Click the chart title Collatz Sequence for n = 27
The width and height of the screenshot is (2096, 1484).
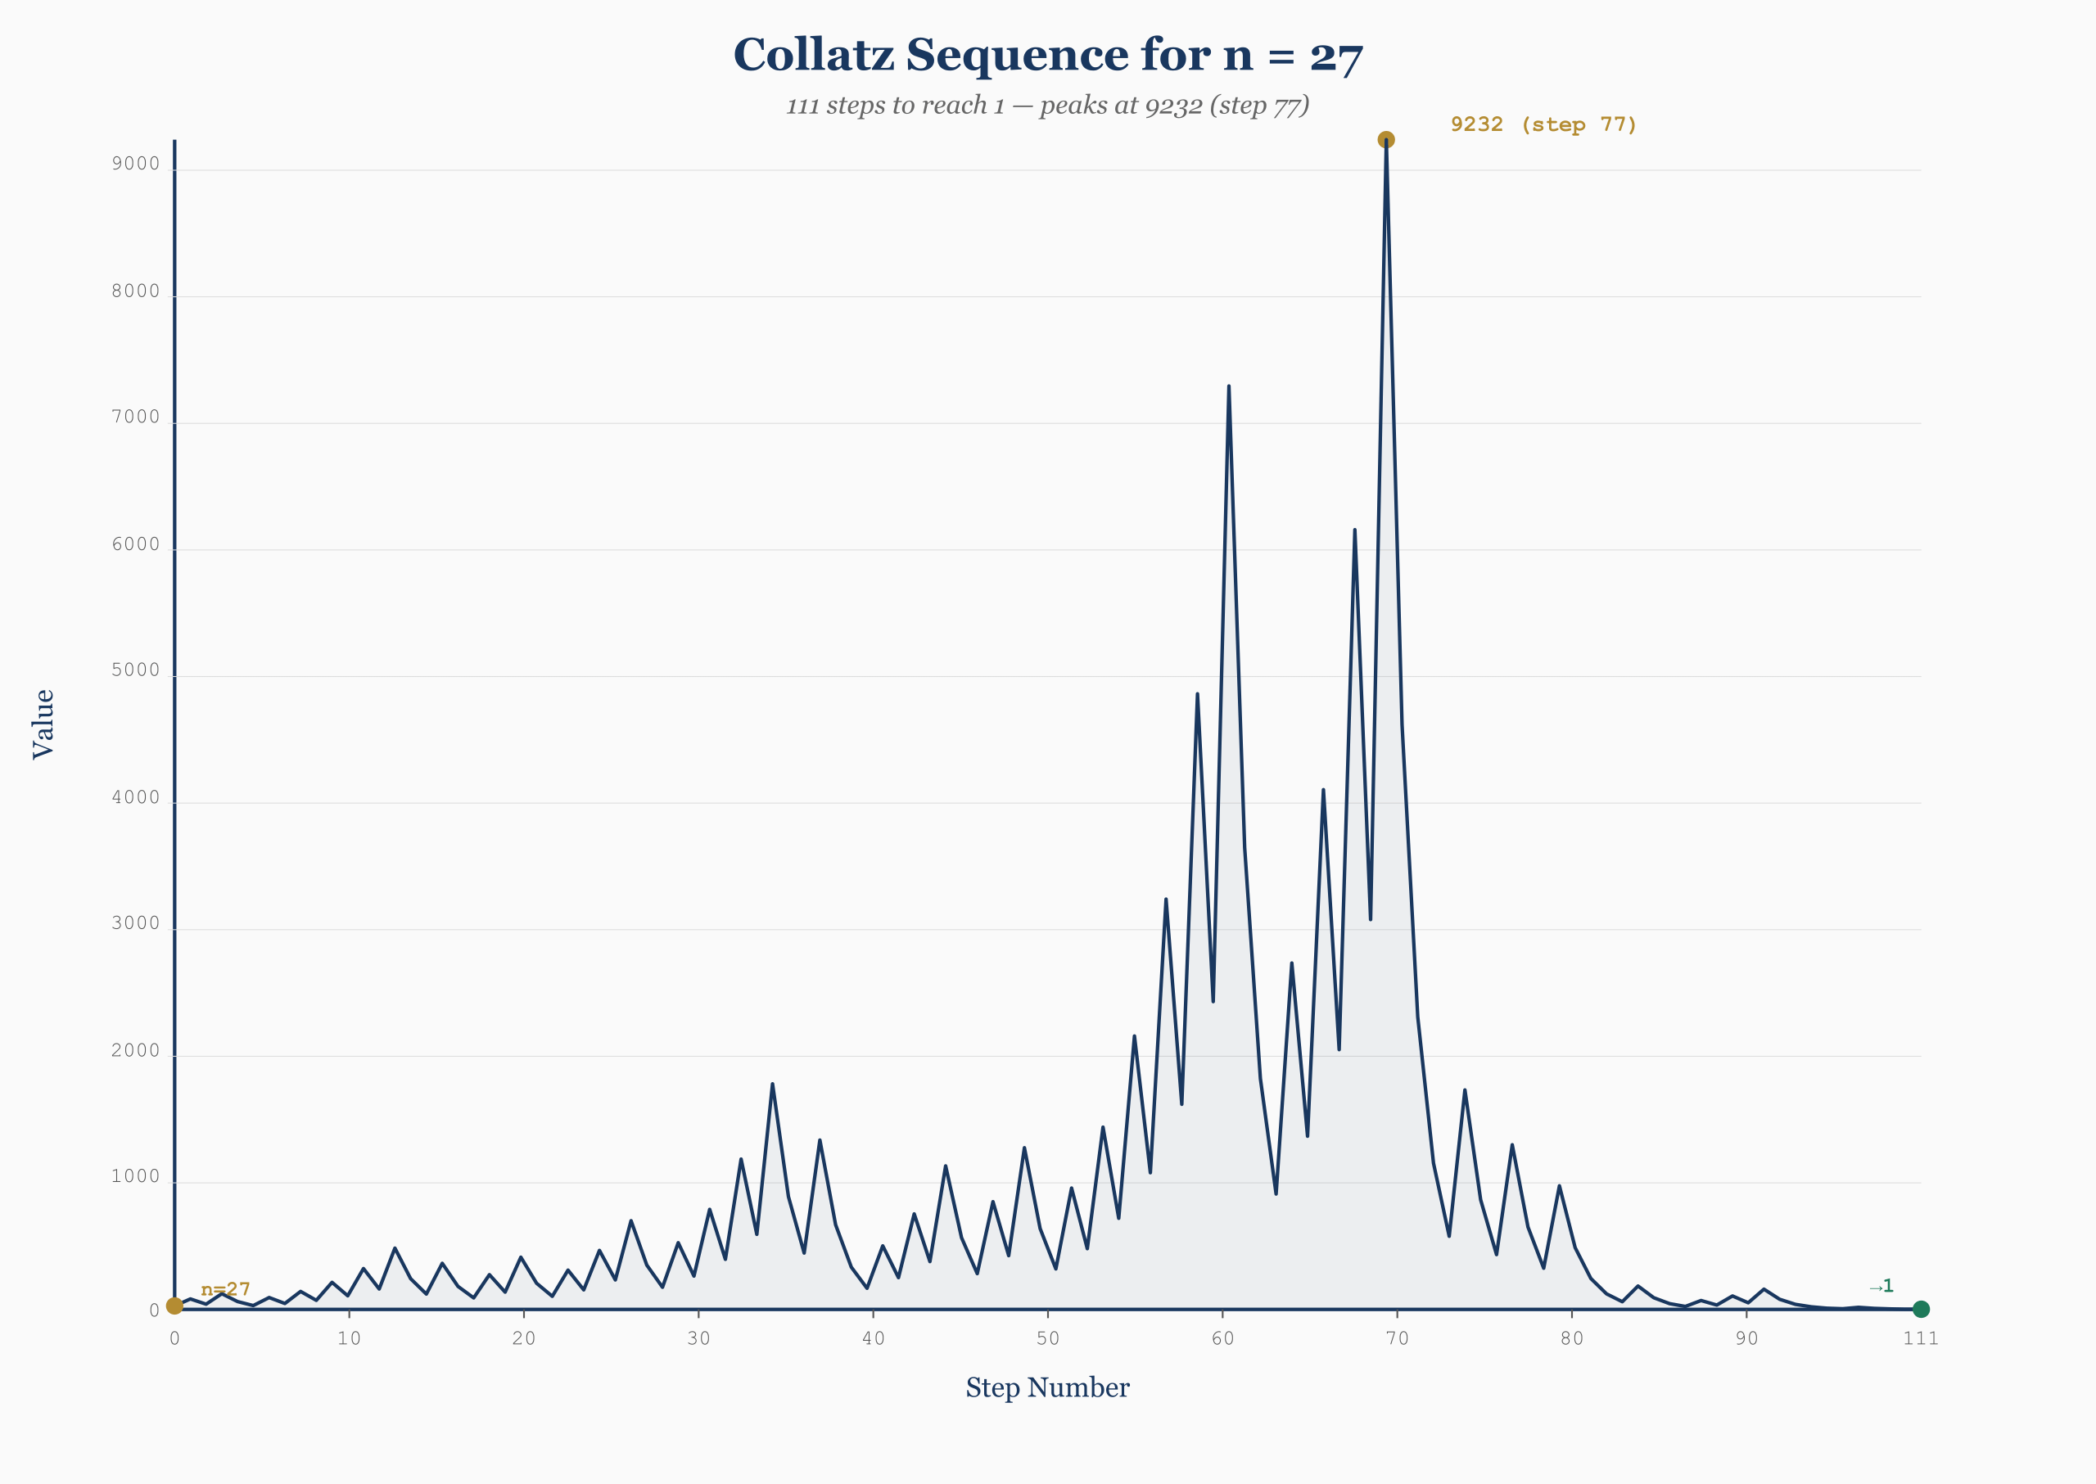pyautogui.click(x=1047, y=55)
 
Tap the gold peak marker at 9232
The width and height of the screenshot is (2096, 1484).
pyautogui.click(x=1386, y=140)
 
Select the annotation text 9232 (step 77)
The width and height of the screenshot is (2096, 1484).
pyautogui.click(x=1543, y=124)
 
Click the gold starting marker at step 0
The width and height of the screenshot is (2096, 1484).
pyautogui.click(x=174, y=1306)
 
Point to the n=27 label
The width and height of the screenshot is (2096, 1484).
pyautogui.click(x=225, y=1289)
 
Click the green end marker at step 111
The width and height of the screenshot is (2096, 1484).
pyautogui.click(x=1921, y=1309)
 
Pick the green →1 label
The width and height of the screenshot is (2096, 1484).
pyautogui.click(x=1881, y=1287)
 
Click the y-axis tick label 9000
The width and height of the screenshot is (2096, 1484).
pyautogui.click(x=135, y=165)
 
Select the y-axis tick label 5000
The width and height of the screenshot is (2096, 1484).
pyautogui.click(x=135, y=670)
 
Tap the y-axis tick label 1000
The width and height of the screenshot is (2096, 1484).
pyautogui.click(x=135, y=1177)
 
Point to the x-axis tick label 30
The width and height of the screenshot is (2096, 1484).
pyautogui.click(x=698, y=1338)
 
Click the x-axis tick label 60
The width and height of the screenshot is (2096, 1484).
pyautogui.click(x=1222, y=1338)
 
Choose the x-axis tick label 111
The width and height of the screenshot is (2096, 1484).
pyautogui.click(x=1921, y=1338)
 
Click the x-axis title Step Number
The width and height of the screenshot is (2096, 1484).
pyautogui.click(x=1047, y=1388)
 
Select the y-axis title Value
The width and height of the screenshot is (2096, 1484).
pyautogui.click(x=43, y=724)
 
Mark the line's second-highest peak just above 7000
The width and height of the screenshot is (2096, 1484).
pyautogui.click(x=1228, y=386)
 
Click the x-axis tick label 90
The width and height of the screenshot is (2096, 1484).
pyautogui.click(x=1747, y=1338)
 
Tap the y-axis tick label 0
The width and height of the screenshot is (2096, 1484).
pyautogui.click(x=155, y=1311)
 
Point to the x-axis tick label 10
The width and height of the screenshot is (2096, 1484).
pyautogui.click(x=349, y=1338)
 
